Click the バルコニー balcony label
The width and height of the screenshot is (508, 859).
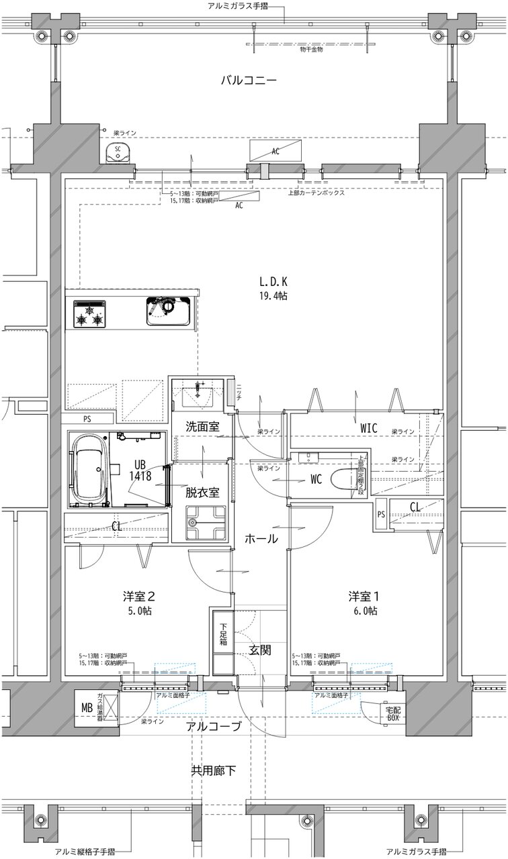249,81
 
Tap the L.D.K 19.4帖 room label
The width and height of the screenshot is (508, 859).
274,289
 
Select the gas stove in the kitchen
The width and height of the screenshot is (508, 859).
89,313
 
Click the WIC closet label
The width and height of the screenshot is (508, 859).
368,426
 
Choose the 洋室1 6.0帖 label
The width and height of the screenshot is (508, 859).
362,603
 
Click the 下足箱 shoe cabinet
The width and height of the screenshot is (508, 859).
222,642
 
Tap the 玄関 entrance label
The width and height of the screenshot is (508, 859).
260,650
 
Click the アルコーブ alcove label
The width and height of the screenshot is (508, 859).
214,727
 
